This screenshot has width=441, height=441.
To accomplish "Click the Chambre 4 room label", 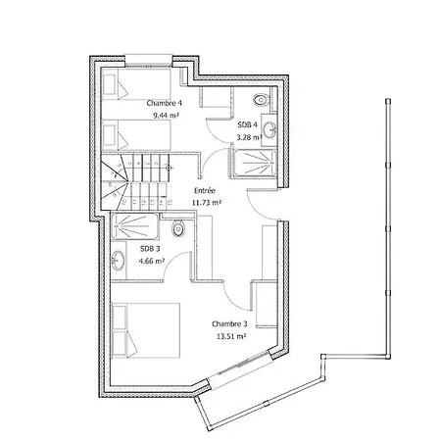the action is [164, 103].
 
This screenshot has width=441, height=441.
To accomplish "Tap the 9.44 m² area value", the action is [166, 116].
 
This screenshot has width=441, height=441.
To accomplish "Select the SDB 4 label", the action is [247, 124].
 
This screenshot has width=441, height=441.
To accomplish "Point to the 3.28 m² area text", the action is [249, 137].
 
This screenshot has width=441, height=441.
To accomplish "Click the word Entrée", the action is [205, 190].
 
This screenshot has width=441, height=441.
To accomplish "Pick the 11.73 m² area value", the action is [207, 203].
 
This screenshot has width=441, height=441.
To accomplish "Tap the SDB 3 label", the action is [150, 249].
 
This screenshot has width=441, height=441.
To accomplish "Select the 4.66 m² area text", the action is [151, 261].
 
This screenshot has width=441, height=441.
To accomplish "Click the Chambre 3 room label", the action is [229, 324].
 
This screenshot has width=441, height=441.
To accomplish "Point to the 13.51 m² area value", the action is [231, 336].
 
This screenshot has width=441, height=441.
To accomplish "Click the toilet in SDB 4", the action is [261, 100].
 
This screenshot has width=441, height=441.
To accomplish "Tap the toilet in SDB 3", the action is [178, 228].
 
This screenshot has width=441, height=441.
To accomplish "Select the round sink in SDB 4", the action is [270, 130].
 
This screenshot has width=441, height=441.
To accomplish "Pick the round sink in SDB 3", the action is [118, 261].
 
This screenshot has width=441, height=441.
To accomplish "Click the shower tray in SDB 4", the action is [254, 164].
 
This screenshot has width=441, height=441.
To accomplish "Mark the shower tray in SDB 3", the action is [135, 226].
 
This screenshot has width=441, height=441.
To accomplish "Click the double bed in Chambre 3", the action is [146, 330].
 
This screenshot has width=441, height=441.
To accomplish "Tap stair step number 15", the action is [170, 202].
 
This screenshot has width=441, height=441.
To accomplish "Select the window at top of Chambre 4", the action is [149, 61].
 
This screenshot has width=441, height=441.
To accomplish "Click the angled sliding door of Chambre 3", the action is [240, 369].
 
